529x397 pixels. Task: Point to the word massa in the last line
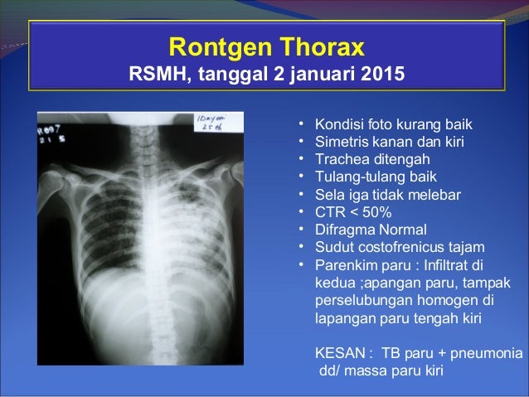click(x=369, y=369)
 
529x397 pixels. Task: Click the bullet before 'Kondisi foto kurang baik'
click(x=303, y=124)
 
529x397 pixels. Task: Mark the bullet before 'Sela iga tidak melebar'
click(x=303, y=194)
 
